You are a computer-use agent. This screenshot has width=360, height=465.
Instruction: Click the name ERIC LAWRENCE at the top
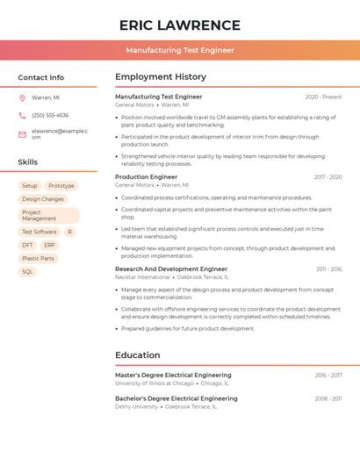point(179,25)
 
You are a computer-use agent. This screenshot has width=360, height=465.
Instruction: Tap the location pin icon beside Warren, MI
point(22,97)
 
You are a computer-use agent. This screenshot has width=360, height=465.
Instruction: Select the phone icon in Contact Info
point(22,115)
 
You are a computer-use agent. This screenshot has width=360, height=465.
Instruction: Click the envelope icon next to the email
point(22,134)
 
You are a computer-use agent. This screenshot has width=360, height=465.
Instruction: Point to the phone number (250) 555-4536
point(50,115)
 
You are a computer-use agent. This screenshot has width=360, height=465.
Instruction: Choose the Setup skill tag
point(30,186)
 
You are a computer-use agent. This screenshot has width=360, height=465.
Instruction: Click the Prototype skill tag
point(61,186)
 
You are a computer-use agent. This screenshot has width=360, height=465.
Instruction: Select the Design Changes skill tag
point(43,199)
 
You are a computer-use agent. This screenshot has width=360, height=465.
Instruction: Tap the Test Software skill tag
point(40,232)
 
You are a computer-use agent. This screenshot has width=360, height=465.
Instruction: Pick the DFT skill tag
point(28,245)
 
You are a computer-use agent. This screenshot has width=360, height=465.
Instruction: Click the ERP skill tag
point(49,245)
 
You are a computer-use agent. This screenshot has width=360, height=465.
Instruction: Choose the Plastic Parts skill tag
point(38,258)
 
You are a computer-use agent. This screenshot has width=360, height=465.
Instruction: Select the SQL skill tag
point(27,271)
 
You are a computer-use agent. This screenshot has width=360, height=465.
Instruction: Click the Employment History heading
point(161,77)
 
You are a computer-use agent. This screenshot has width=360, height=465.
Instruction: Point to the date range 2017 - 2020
point(328,177)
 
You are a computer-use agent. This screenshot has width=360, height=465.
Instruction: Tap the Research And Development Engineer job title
point(171,269)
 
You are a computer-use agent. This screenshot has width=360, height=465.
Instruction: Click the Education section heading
point(138,355)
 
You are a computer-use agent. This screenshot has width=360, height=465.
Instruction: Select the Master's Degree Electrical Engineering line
point(173,376)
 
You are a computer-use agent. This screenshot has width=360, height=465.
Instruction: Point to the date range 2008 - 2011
point(328,399)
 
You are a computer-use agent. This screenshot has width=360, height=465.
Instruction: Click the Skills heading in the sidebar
point(27,162)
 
